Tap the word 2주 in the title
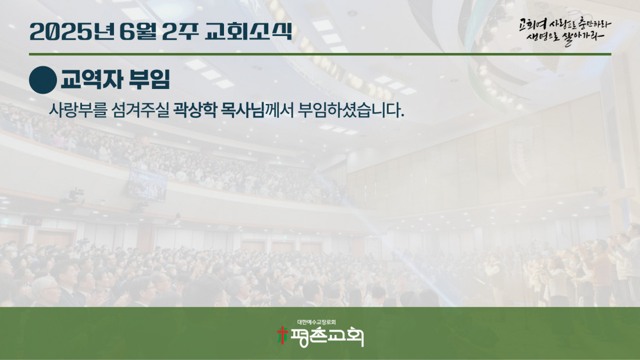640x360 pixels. point(180,31)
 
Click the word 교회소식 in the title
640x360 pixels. point(248,31)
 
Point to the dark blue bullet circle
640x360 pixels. point(43,80)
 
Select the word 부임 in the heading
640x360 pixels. point(150,80)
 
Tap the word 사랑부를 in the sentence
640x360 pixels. point(78,110)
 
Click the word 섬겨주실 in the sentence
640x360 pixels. point(140,110)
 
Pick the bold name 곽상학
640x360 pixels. point(195,110)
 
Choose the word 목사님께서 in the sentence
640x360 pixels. point(257,110)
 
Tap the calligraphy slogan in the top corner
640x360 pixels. point(565,31)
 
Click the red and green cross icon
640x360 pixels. point(282,336)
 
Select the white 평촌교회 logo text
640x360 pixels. point(327,337)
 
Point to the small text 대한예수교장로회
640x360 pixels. point(317,322)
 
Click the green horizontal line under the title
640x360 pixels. point(320,54)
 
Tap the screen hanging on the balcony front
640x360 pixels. point(148,185)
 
